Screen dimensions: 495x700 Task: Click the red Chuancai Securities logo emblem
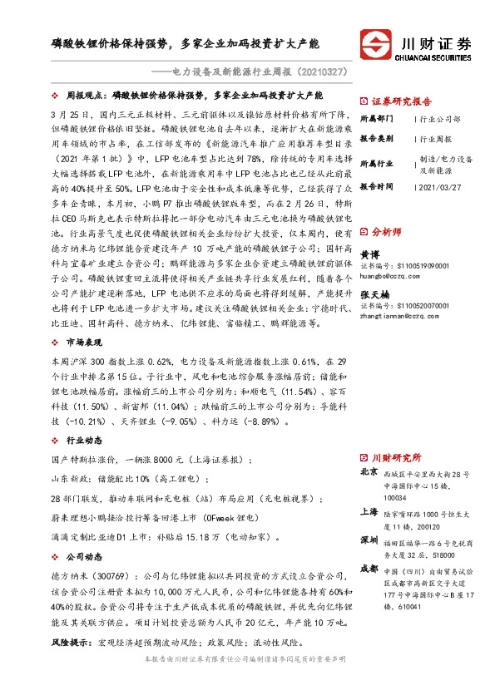click(375, 43)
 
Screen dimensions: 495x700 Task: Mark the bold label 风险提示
click(69, 642)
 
